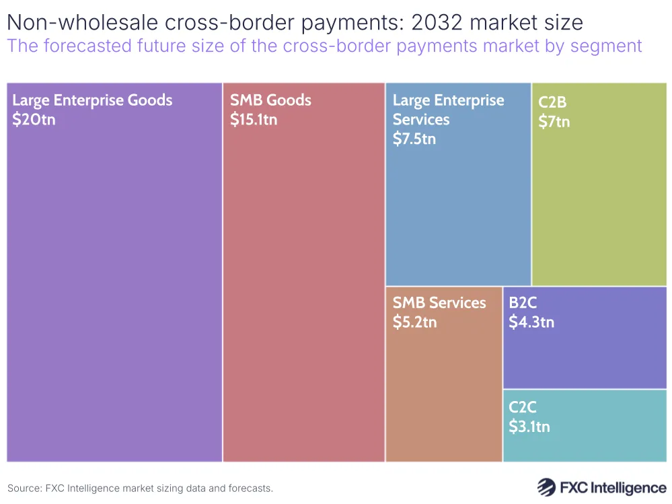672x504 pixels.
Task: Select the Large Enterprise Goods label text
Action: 92,101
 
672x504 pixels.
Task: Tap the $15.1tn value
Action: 254,120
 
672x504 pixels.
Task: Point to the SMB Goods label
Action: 270,101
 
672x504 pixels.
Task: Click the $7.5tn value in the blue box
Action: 414,139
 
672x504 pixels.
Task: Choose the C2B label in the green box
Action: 552,103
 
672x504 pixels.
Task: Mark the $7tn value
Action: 554,122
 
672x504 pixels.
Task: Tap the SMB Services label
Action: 439,303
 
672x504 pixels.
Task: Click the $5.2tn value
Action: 415,322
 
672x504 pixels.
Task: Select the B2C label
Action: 523,303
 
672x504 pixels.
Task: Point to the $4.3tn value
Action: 531,322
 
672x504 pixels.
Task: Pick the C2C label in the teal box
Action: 523,407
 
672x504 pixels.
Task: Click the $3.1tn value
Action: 529,426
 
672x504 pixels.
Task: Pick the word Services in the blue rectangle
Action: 421,120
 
